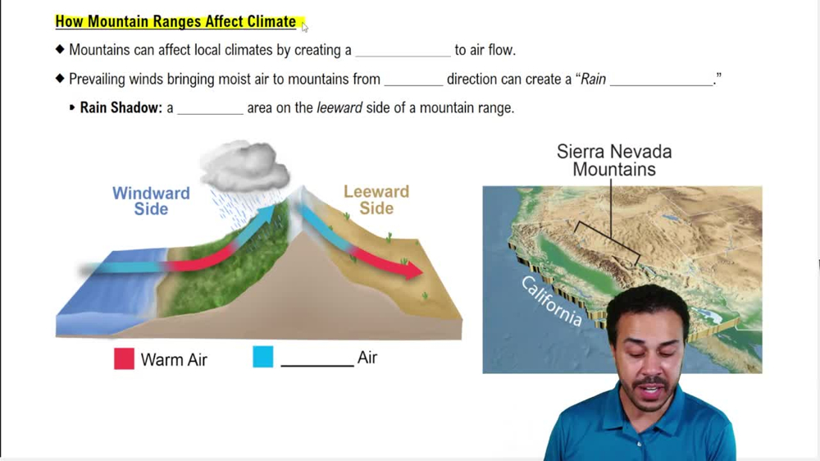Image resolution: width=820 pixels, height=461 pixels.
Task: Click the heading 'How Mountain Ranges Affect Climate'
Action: (x=175, y=21)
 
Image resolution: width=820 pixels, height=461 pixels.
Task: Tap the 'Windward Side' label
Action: (x=151, y=201)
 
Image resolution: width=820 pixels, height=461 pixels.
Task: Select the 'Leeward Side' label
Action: (x=376, y=199)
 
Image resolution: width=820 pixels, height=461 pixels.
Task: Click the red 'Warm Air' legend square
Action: (x=124, y=358)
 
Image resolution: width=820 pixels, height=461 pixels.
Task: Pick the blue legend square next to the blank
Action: (x=263, y=357)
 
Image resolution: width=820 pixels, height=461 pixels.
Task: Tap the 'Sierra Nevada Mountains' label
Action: (x=614, y=161)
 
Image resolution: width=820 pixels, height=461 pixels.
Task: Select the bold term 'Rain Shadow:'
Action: (x=121, y=107)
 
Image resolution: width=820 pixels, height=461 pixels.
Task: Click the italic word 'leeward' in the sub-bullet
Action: (x=339, y=107)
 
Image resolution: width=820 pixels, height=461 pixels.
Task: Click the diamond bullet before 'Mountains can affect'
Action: (x=60, y=49)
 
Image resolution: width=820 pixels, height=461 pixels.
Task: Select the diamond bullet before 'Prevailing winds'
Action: (x=60, y=79)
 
